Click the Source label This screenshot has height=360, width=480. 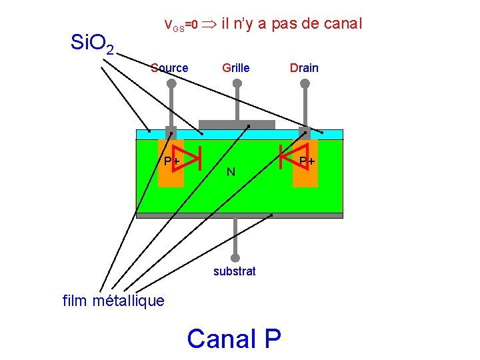tap(169, 67)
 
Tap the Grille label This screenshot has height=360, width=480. tap(236, 67)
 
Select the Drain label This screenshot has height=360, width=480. tap(304, 67)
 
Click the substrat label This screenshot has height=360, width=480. tap(234, 271)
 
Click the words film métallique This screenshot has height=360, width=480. tap(113, 301)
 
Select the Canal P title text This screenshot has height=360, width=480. tap(234, 338)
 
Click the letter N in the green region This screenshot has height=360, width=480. tap(230, 172)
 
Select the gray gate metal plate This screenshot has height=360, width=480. tap(237, 125)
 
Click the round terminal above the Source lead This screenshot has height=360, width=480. tap(171, 84)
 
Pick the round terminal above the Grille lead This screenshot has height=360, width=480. tap(237, 84)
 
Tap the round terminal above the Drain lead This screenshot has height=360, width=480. tap(305, 84)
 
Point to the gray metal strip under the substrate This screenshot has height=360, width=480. tap(239, 215)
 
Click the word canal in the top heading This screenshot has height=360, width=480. tap(341, 24)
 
